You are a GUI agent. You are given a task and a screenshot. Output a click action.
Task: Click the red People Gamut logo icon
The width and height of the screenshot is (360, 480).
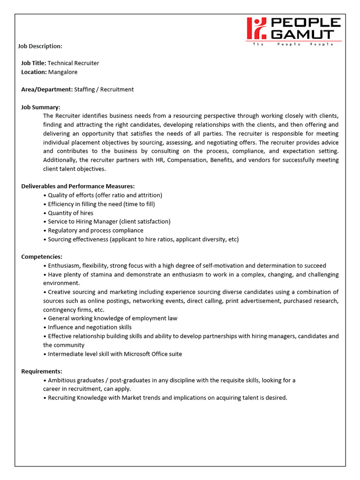point(256,28)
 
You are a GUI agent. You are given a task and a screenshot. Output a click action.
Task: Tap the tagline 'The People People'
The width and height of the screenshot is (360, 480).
point(293,44)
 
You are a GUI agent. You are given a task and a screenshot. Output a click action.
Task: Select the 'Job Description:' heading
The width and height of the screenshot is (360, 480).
point(40,46)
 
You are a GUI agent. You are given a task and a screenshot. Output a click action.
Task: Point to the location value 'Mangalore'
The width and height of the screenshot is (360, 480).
point(63,72)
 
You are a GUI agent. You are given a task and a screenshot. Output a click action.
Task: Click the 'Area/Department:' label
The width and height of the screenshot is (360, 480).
point(47,89)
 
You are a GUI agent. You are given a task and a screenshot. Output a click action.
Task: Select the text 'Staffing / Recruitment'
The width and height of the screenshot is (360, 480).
point(104,89)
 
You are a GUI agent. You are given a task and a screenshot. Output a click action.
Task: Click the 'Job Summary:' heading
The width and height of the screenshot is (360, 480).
point(41,107)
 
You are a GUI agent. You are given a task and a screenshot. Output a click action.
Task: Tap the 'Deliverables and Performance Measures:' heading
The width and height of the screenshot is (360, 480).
point(78,186)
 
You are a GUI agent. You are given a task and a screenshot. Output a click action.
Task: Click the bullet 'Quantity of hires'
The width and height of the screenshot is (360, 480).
point(70,213)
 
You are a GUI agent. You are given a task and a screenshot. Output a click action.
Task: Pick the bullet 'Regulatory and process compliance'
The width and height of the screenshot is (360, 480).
point(96,230)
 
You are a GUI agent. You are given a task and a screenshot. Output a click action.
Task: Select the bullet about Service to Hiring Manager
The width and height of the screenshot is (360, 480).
point(109,221)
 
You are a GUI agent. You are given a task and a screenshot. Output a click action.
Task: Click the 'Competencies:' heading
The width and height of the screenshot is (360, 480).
point(42,256)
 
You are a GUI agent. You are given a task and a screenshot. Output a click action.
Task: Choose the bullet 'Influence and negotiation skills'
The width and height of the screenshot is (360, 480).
point(90,327)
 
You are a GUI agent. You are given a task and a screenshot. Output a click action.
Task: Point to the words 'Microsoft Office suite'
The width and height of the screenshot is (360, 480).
point(153,354)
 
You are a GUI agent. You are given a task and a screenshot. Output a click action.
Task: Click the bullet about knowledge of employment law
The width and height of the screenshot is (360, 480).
point(112,318)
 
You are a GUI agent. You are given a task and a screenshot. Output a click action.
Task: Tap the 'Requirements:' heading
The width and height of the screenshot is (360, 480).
point(42,371)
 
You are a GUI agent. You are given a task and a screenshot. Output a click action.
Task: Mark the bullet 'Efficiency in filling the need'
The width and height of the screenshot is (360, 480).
point(101,204)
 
